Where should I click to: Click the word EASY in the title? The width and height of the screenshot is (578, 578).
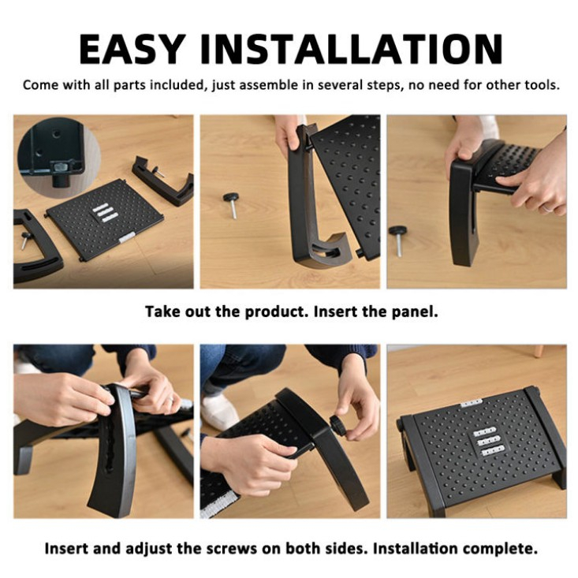132,49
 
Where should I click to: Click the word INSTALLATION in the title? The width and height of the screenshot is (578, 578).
352,49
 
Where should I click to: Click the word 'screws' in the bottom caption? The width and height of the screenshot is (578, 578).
231,549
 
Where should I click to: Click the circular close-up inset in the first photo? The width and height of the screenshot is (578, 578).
59,158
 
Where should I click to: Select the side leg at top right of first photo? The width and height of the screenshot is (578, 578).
163,181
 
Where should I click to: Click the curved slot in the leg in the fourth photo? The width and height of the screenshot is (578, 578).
110,441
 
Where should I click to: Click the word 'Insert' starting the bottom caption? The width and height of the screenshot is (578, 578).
65,549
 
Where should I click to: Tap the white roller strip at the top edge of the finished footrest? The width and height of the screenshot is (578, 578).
472,403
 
